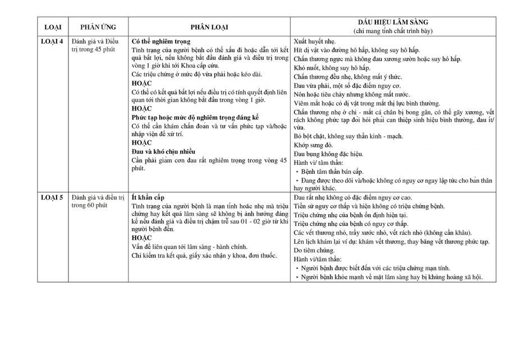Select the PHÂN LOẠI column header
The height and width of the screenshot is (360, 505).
pyautogui.click(x=209, y=26)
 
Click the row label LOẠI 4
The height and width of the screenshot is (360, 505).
pyautogui.click(x=54, y=41)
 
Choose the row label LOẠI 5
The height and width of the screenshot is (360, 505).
pyautogui.click(x=54, y=197)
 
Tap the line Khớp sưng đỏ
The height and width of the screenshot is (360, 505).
pyautogui.click(x=314, y=145)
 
